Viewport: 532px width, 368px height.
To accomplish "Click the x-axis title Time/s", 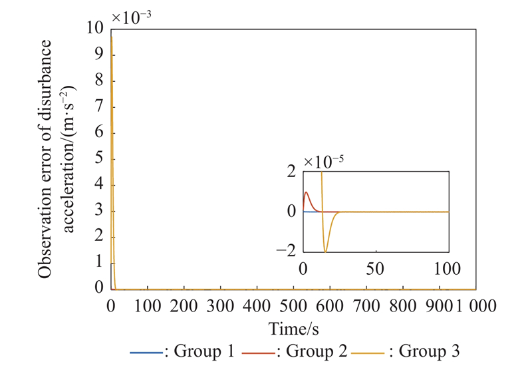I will pos(293,328).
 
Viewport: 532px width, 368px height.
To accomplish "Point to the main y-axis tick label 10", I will pos(96,28).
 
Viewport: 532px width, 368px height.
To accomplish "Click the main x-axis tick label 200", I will pos(184,305).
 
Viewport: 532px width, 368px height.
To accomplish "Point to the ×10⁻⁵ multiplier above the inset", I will pos(325,161).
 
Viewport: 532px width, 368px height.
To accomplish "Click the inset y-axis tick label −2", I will pos(291,251).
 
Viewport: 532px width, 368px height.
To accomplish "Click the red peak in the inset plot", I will pos(307,192).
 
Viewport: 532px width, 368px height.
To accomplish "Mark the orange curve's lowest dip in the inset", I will pos(325,252).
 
